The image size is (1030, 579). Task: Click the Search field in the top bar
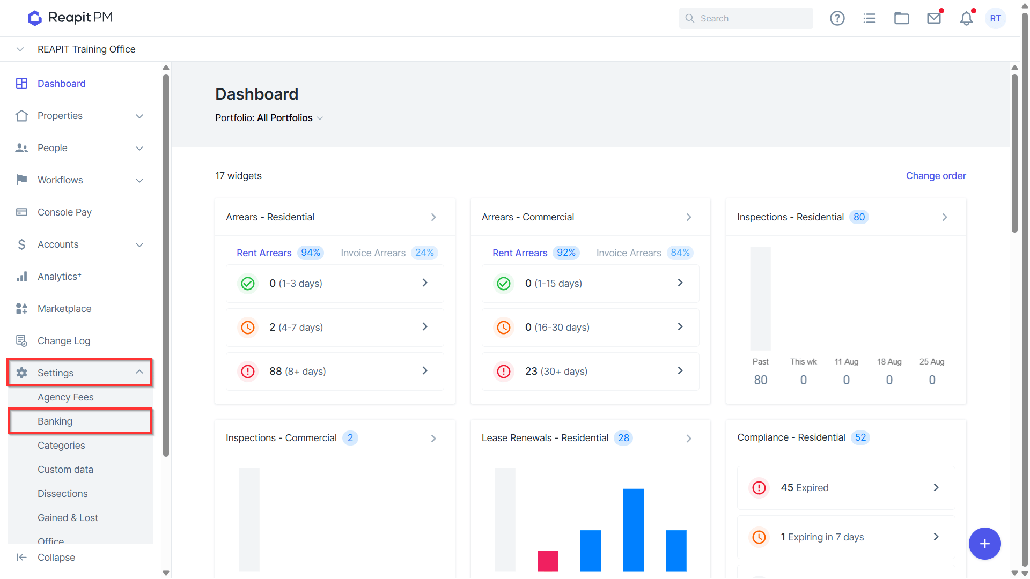point(746,18)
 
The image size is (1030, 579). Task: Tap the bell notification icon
point(966,18)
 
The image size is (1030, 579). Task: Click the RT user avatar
point(996,18)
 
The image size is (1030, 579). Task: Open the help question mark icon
point(837,18)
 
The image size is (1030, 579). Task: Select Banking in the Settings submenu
point(55,421)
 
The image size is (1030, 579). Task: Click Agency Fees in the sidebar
point(65,397)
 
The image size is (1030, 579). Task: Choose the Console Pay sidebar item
point(64,212)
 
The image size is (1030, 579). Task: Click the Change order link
point(936,176)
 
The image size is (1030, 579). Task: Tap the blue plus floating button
point(985,544)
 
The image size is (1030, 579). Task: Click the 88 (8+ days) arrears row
point(335,371)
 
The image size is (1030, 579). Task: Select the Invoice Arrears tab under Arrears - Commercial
point(629,253)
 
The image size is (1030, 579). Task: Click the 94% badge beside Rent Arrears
point(311,253)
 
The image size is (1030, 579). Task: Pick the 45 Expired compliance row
point(846,488)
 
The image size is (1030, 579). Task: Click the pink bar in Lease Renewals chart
point(548,561)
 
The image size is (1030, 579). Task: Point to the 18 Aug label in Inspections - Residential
point(889,362)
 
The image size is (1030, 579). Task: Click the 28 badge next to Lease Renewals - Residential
point(623,438)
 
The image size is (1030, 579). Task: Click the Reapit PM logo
point(70,18)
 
